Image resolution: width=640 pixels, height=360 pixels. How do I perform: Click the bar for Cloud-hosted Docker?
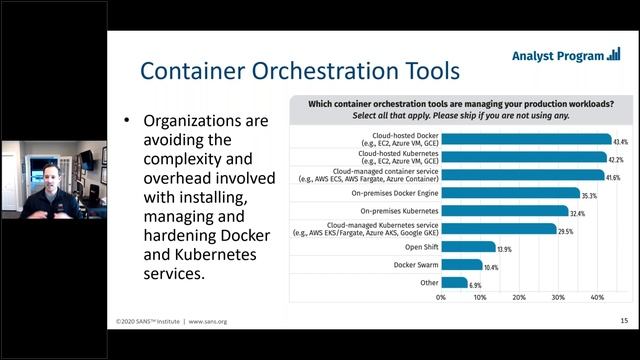click(525, 139)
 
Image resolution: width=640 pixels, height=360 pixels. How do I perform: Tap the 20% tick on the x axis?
click(518, 297)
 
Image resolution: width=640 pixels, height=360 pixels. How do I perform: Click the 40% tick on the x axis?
click(597, 297)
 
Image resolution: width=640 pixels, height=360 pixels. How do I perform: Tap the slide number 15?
click(623, 322)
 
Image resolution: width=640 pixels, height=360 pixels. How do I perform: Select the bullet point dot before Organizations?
click(126, 120)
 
